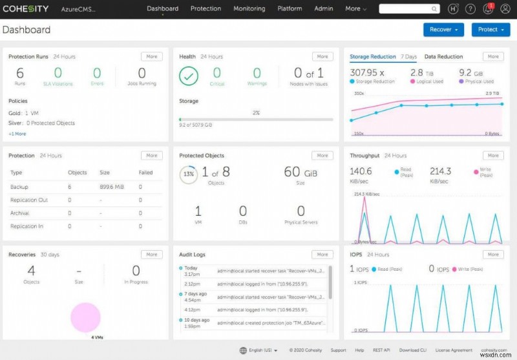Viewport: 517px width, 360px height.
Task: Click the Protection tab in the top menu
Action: tap(206, 9)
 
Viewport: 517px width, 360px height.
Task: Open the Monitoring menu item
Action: tap(249, 9)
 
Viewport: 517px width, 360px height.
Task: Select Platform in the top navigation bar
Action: tap(290, 9)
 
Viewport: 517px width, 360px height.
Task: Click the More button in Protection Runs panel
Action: tap(151, 57)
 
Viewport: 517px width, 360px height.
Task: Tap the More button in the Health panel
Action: tap(322, 57)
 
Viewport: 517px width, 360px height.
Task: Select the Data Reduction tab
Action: tap(443, 57)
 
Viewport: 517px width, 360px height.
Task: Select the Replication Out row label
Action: tap(29, 200)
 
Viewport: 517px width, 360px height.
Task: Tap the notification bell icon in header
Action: tap(489, 9)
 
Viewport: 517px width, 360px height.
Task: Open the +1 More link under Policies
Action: tap(17, 134)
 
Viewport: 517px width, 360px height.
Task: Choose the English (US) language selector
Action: tap(258, 350)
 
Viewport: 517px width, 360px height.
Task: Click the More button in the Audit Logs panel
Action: tap(322, 255)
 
